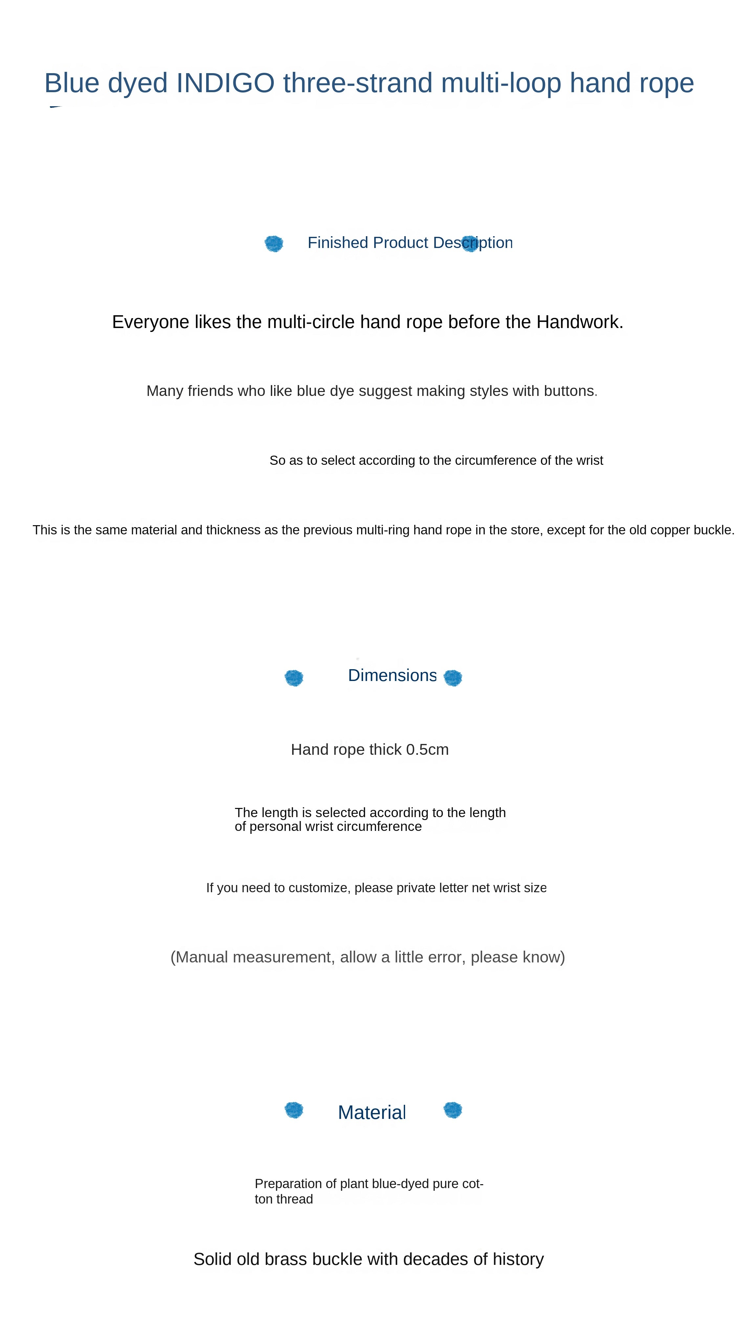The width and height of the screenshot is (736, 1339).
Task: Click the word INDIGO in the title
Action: (x=225, y=83)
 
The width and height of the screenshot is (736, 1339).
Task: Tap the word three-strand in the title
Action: (x=358, y=83)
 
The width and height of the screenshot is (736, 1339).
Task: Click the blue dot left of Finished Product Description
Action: (x=273, y=243)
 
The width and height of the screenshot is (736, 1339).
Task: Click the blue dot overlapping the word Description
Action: (x=470, y=243)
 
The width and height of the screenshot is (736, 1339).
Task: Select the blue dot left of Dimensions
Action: (x=294, y=678)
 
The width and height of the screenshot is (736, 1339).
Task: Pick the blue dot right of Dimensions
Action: (x=452, y=678)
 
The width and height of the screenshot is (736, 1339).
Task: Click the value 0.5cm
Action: (x=427, y=750)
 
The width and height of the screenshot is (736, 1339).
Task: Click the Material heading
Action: (x=371, y=1112)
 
